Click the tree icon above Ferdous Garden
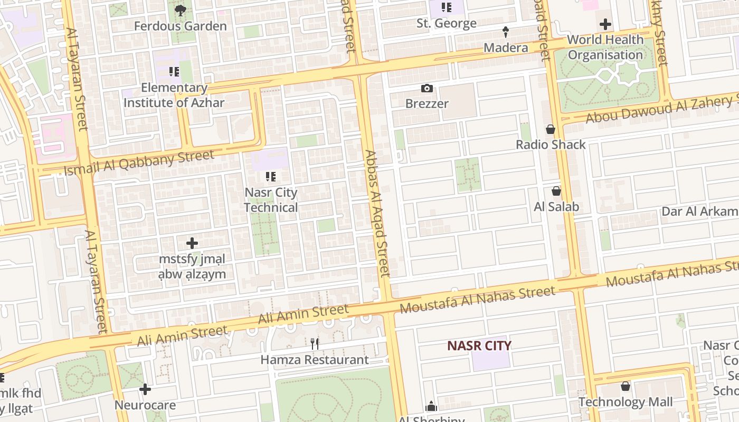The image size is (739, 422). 181,10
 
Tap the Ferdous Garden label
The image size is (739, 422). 181,26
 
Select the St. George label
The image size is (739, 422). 447,23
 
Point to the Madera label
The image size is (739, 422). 506,47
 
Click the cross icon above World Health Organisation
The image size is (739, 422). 605,24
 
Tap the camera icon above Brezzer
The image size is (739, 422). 427,88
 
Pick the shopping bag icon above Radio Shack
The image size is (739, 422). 551,129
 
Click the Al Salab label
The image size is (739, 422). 556,207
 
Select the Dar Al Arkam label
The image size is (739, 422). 700,212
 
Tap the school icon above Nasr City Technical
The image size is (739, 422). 271,177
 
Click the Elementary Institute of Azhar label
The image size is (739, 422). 174,95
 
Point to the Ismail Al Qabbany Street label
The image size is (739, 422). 139,162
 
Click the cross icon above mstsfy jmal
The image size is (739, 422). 192,243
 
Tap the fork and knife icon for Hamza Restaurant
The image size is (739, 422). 315,344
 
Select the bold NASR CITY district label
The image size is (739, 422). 479,346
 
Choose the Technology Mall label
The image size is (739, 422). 626,402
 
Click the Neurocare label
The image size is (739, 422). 145,406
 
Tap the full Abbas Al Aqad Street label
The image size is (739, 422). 377,214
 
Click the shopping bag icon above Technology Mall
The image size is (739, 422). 626,387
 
